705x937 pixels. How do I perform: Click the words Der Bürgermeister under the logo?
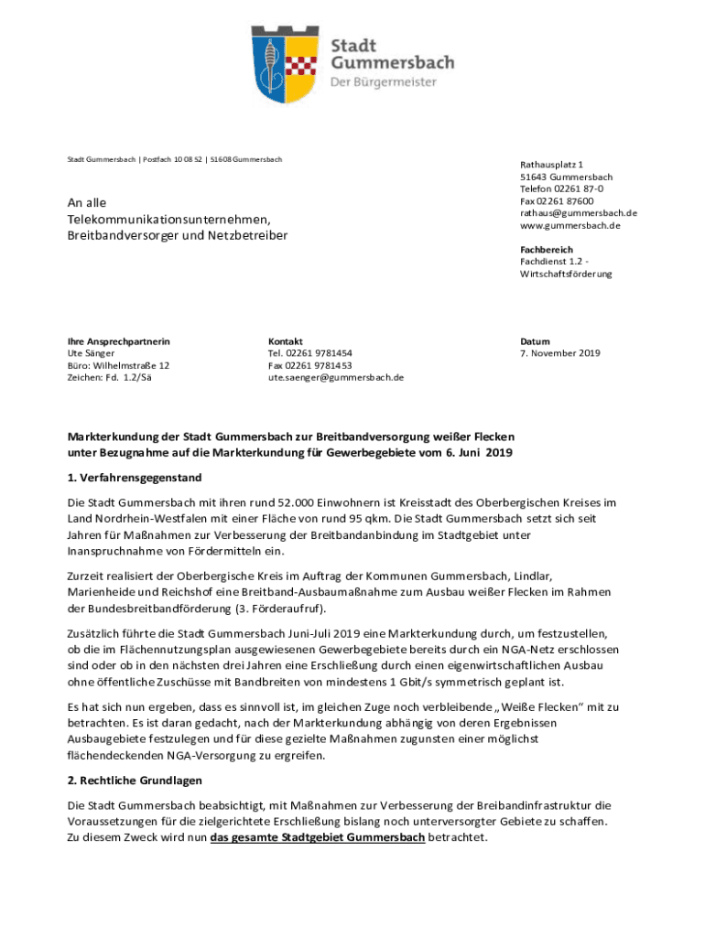384,82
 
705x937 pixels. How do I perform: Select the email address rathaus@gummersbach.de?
579,213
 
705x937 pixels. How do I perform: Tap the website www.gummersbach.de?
570,225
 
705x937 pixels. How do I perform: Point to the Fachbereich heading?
547,249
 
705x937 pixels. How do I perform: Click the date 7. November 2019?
560,352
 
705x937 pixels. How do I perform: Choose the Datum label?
535,340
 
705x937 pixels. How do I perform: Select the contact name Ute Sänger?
91,352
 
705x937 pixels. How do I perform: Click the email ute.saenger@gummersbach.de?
335,376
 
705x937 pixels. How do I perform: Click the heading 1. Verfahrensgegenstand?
134,478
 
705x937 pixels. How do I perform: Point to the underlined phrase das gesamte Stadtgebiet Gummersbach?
317,838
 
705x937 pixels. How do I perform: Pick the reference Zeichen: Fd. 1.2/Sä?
109,376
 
